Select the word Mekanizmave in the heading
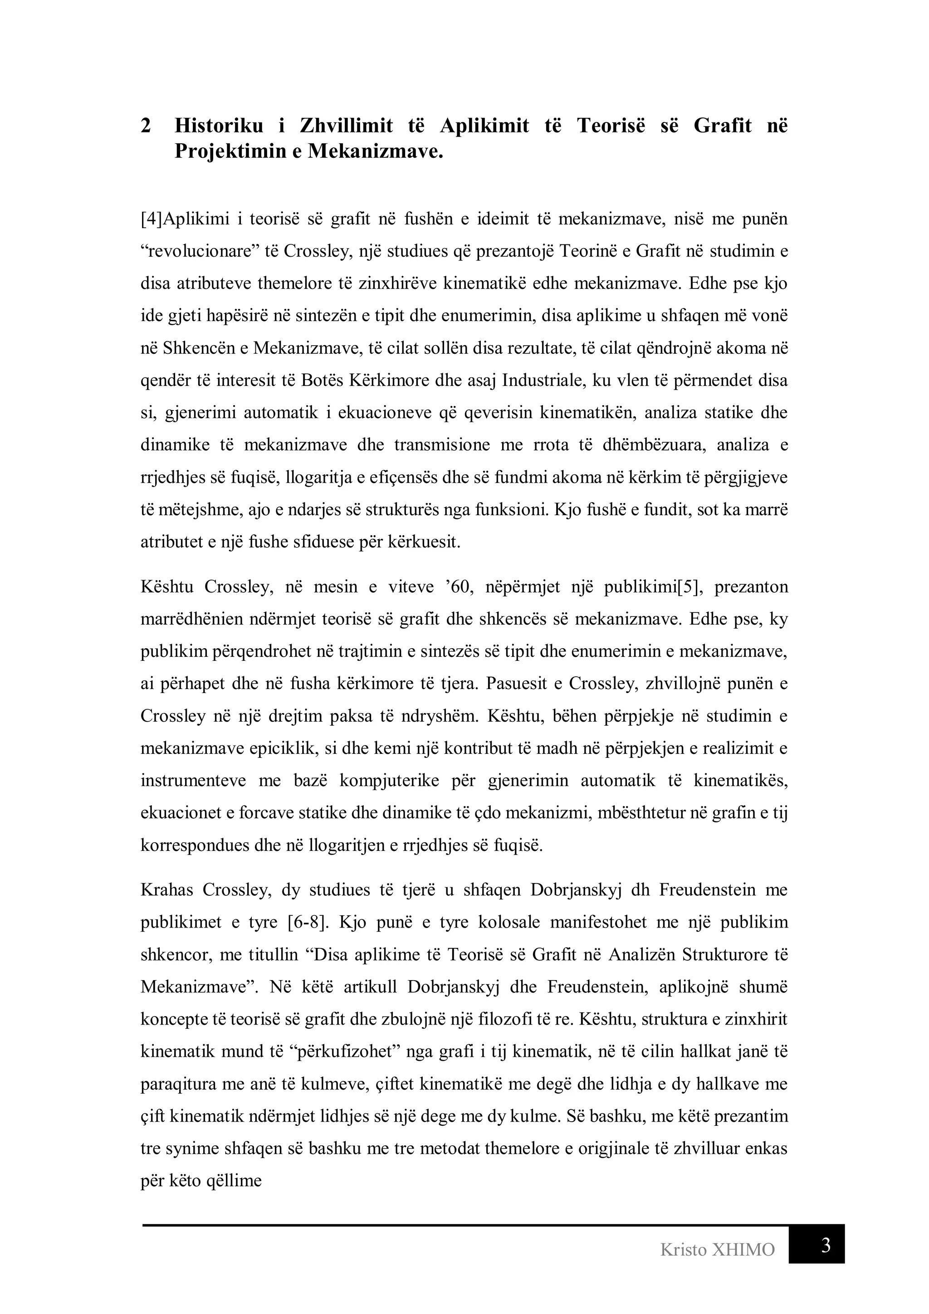click(x=376, y=151)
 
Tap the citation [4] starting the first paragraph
click(x=152, y=219)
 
